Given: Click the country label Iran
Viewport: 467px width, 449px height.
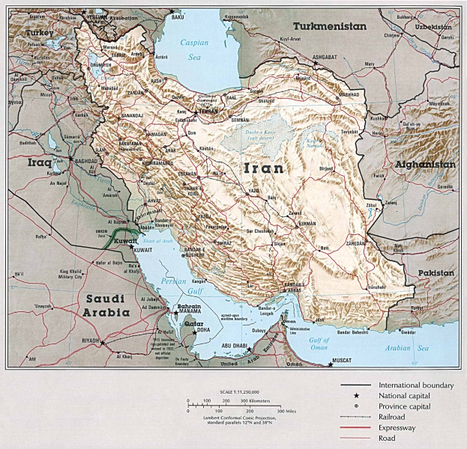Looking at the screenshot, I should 264,168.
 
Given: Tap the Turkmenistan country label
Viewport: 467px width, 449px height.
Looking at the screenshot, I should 318,26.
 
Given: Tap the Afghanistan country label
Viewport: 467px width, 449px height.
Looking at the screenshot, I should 424,164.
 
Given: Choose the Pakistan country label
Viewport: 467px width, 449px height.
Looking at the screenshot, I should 435,274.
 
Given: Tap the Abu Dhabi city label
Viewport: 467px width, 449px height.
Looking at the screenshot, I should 236,346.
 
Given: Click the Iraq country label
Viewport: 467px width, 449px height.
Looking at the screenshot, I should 38,162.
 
